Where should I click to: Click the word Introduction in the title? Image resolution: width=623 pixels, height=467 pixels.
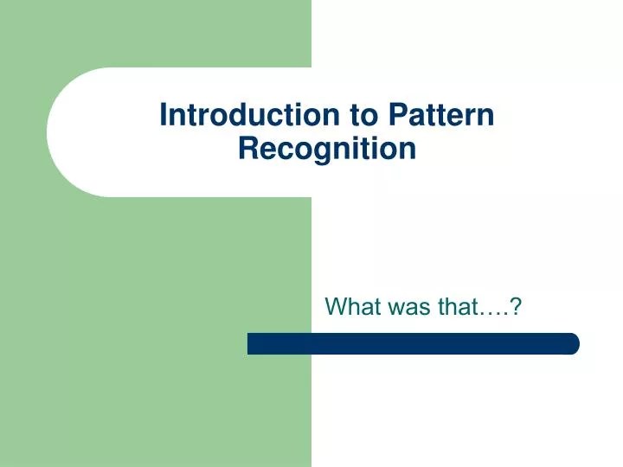point(249,115)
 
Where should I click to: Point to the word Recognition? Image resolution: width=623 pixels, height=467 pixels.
point(327,149)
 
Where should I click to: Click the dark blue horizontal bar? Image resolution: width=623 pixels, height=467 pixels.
point(414,343)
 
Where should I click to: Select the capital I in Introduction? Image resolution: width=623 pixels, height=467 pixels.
point(164,115)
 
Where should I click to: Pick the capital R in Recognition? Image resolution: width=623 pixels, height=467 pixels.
point(247,149)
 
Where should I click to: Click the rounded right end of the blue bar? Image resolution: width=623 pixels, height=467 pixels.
point(572,343)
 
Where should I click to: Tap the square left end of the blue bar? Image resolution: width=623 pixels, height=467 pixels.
point(252,343)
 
